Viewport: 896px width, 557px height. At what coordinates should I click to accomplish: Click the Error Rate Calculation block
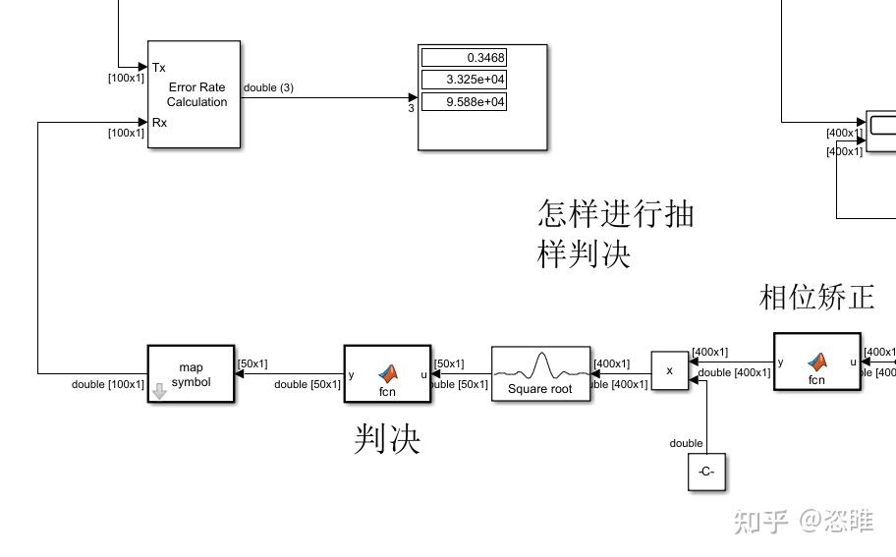point(194,94)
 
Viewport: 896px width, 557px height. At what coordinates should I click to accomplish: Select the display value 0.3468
point(464,58)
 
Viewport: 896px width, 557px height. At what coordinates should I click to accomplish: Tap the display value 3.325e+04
point(464,80)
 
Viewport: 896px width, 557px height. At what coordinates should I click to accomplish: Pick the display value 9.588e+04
point(464,102)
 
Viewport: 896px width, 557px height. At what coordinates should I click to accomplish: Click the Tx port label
point(159,68)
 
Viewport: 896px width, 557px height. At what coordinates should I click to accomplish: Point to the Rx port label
point(159,123)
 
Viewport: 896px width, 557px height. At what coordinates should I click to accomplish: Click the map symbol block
point(191,374)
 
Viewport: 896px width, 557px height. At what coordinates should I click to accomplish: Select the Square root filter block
point(540,374)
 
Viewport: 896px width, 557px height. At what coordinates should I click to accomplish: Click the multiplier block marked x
point(670,371)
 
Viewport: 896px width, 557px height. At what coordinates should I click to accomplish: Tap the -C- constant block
point(706,473)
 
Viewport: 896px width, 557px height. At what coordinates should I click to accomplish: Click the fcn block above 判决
point(387,373)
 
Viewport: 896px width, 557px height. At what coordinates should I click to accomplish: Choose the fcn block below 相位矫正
point(816,362)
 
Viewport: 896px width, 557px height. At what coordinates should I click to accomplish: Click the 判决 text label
point(387,440)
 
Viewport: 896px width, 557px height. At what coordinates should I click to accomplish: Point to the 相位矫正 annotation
point(816,297)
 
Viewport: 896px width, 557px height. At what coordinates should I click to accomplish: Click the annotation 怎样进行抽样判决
point(615,234)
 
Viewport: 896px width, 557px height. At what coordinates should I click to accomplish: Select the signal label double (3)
point(268,88)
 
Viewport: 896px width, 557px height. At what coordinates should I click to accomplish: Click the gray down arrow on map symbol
point(159,393)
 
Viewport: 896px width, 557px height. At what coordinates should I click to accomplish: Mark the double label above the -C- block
point(686,443)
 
